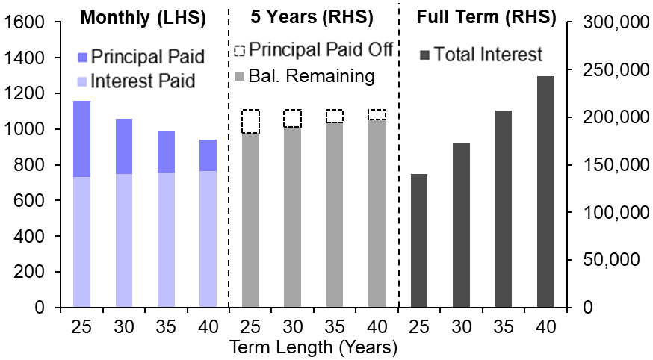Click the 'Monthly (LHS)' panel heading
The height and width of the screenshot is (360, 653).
tap(143, 16)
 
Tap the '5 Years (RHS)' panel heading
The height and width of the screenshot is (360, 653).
tap(312, 16)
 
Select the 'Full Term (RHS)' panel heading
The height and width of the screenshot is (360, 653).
tap(486, 16)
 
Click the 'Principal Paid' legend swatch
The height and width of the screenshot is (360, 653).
tap(82, 57)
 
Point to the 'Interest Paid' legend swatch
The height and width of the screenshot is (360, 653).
tap(82, 81)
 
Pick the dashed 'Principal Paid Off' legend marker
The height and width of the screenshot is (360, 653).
tap(239, 51)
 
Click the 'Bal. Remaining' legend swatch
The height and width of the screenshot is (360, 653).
tap(239, 75)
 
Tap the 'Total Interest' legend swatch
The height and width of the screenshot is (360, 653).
tap(425, 55)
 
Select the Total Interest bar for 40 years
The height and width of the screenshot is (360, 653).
tap(545, 191)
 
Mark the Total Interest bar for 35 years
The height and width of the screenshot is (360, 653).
tap(504, 208)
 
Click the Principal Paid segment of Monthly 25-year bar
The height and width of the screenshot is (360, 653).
tap(81, 139)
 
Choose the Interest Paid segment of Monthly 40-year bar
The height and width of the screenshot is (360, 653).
tap(208, 239)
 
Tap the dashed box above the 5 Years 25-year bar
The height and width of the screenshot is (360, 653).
tap(250, 121)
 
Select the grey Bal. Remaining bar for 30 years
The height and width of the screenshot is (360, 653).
tap(292, 217)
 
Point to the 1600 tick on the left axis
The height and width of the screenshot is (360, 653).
tap(27, 22)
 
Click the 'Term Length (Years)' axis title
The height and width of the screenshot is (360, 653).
tap(314, 347)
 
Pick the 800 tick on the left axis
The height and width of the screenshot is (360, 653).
tap(33, 165)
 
